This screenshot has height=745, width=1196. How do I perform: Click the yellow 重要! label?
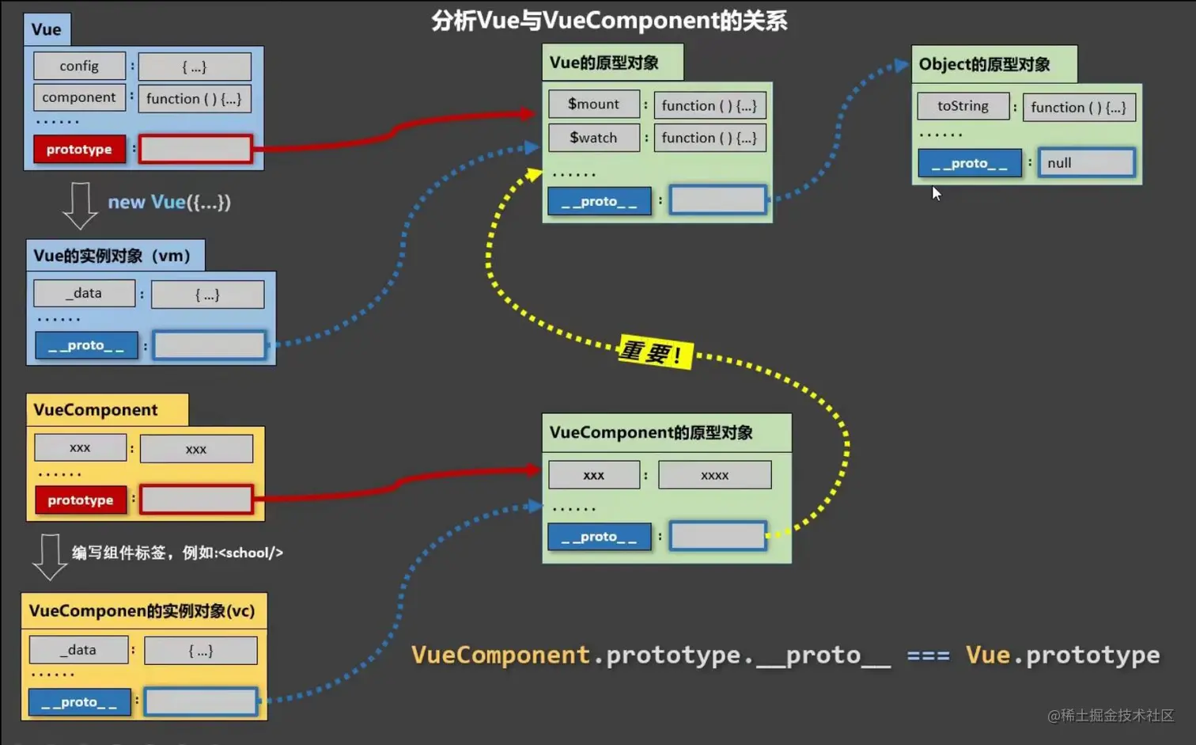click(x=654, y=352)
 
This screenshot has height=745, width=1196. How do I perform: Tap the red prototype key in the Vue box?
click(x=79, y=149)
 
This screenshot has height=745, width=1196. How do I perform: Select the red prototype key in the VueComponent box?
click(x=81, y=500)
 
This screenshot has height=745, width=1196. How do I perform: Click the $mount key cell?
click(x=594, y=104)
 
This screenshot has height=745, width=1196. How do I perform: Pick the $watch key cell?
click(x=594, y=138)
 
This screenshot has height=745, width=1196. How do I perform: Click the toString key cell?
click(x=963, y=106)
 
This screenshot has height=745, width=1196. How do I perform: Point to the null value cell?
click(x=1086, y=163)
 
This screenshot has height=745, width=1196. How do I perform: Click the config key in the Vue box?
click(x=79, y=66)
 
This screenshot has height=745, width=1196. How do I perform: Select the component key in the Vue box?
click(x=79, y=97)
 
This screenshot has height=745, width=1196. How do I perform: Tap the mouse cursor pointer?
click(x=936, y=193)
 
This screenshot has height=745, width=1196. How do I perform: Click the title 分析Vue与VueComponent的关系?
click(x=609, y=21)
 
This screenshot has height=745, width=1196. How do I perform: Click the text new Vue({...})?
click(x=169, y=202)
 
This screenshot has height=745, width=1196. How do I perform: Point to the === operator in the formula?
click(x=927, y=656)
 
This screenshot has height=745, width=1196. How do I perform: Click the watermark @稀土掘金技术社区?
click(x=1111, y=715)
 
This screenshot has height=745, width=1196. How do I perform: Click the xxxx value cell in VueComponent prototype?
click(x=714, y=475)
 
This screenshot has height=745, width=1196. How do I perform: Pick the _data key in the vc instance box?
click(x=78, y=650)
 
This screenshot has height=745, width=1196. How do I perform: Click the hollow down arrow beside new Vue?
click(x=79, y=205)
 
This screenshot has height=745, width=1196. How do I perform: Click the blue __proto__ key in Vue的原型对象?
click(x=600, y=201)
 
